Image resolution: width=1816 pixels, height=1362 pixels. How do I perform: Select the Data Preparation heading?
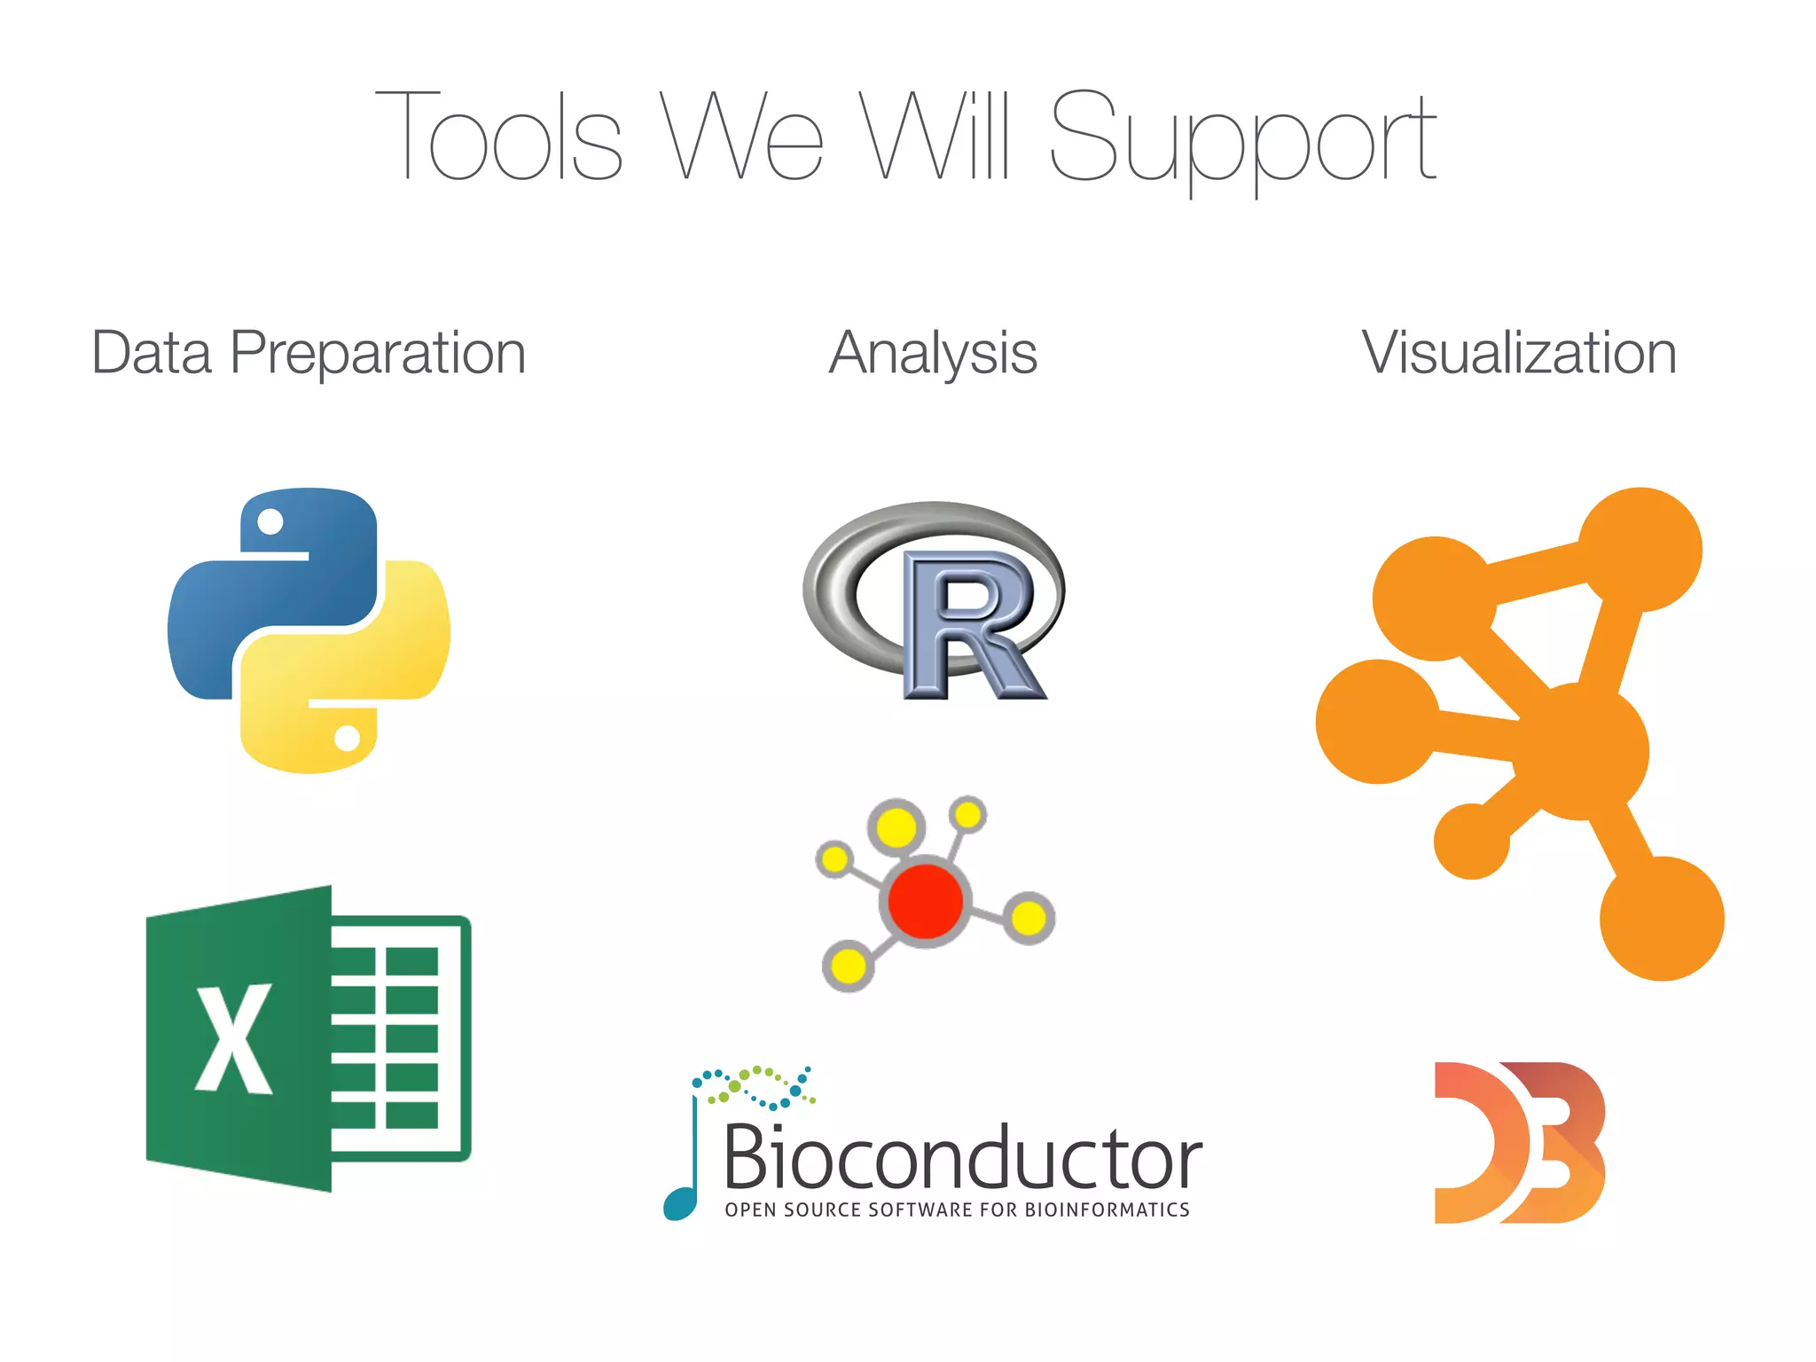(309, 353)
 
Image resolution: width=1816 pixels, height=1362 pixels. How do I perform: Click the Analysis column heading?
(933, 353)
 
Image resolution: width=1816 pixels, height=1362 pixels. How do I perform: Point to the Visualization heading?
(1519, 353)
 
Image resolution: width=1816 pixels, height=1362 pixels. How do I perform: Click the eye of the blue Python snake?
(270, 521)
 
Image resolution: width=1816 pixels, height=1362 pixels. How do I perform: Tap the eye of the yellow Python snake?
(347, 737)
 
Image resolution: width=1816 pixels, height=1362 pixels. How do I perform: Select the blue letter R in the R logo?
(971, 625)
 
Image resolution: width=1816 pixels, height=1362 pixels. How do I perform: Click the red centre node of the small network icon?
(925, 900)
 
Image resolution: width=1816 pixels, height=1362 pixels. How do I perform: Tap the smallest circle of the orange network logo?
(1471, 841)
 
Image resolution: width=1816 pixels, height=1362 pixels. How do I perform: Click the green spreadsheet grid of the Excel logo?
(399, 1037)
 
